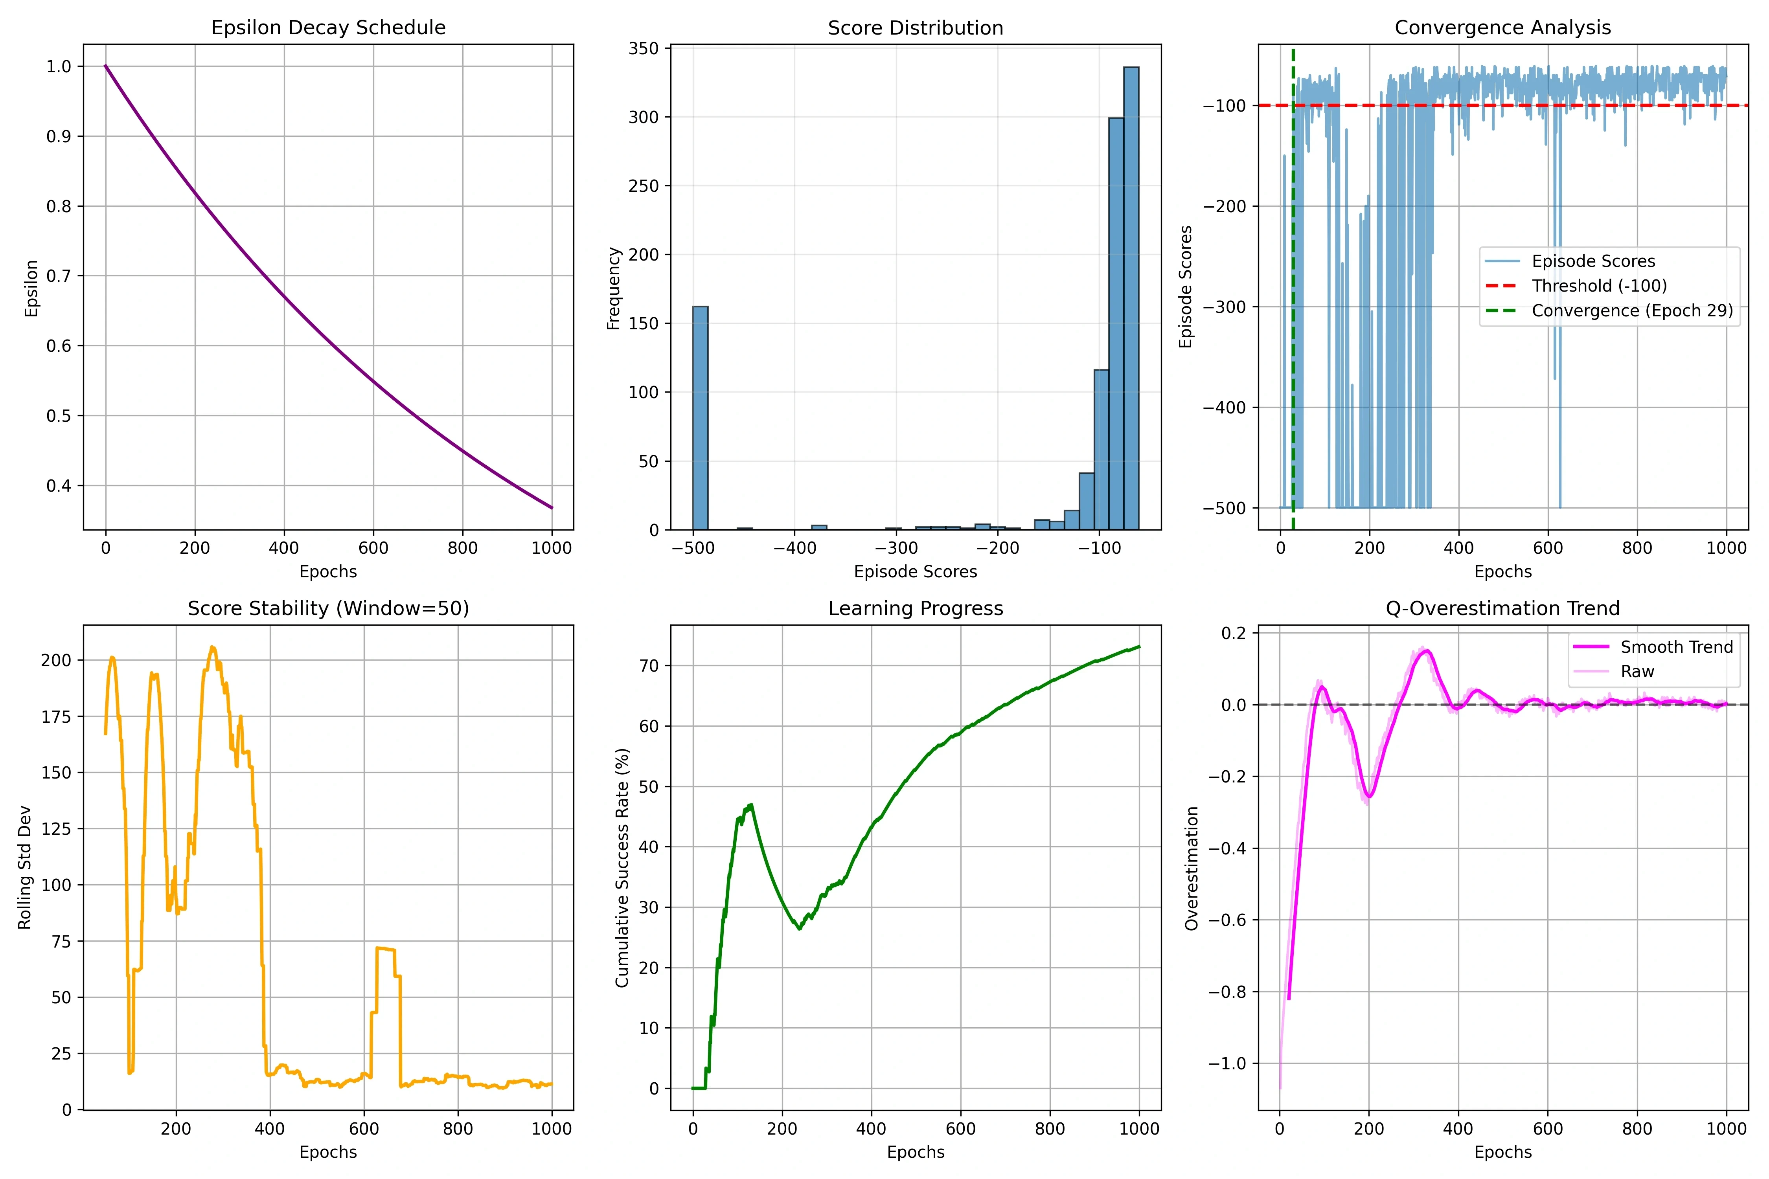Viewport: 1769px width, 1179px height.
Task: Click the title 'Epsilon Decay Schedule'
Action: [x=328, y=28]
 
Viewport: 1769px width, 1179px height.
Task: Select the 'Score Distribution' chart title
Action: [x=915, y=28]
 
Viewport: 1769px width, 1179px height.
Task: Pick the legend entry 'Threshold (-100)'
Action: [x=1599, y=286]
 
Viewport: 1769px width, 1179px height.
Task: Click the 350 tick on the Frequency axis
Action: [x=644, y=48]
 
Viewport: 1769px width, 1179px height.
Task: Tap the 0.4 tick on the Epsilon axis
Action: [x=59, y=486]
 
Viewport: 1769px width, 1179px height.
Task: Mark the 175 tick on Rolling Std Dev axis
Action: [x=56, y=716]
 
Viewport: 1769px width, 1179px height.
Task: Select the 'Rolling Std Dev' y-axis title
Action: [x=25, y=867]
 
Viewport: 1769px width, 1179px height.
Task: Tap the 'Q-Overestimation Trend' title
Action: [x=1503, y=608]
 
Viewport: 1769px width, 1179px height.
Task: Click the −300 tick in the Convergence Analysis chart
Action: [x=1225, y=307]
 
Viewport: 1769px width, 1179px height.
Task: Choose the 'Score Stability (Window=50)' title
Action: [x=328, y=608]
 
